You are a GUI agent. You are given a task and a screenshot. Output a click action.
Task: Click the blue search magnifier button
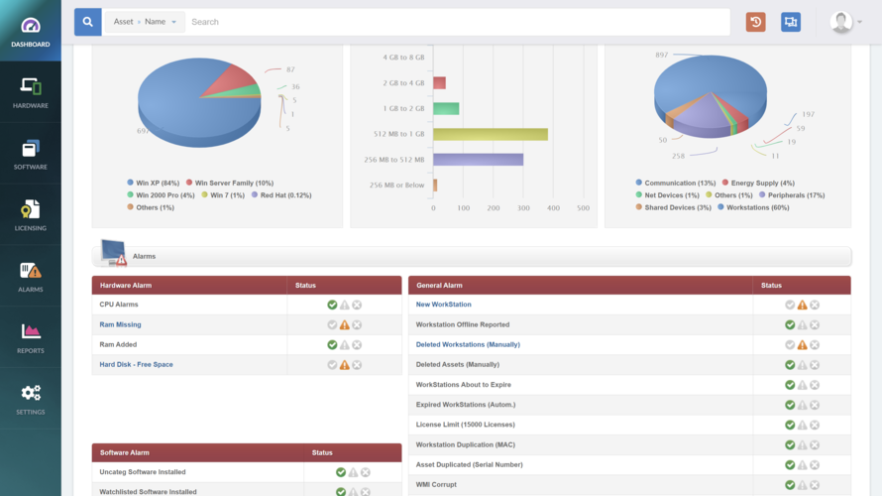(x=87, y=22)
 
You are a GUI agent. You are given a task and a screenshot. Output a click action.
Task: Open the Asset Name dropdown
(x=144, y=22)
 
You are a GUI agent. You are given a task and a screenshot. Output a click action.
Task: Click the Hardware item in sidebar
(x=30, y=92)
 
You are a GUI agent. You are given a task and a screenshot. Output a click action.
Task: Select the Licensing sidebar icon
(x=30, y=215)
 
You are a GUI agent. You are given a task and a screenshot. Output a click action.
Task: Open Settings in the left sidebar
(x=30, y=399)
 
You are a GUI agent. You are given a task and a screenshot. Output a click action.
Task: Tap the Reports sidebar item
(x=30, y=337)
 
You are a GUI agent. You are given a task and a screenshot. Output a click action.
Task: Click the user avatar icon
(x=841, y=22)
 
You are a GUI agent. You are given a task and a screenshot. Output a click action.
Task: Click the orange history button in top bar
(x=756, y=22)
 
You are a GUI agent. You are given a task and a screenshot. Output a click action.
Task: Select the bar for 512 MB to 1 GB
(x=490, y=134)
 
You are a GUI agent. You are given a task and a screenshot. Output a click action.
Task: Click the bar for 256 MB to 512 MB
(x=478, y=160)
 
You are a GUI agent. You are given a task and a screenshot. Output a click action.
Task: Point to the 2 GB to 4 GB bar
(x=439, y=83)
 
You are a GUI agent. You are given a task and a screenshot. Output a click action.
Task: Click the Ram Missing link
(x=120, y=324)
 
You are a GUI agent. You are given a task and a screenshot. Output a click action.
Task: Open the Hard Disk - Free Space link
(x=136, y=364)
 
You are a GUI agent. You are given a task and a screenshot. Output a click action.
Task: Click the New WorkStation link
(x=443, y=305)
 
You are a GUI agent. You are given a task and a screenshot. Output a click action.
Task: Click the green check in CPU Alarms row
(x=332, y=305)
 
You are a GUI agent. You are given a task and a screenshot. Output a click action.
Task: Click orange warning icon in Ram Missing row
(x=345, y=324)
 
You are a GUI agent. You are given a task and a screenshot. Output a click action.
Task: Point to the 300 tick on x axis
(x=523, y=208)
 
